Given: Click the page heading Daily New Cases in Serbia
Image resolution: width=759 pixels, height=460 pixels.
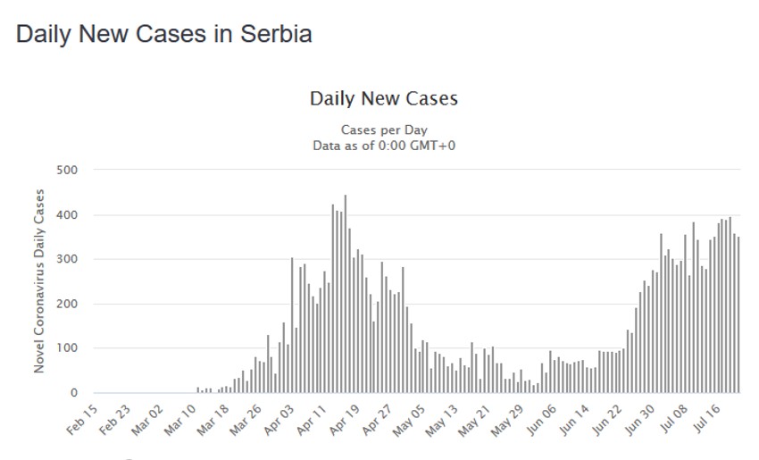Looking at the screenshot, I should pos(164,35).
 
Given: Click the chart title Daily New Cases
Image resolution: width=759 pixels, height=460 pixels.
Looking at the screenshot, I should pos(384,98).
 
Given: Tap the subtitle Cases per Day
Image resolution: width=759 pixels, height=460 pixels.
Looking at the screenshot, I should pos(383,130).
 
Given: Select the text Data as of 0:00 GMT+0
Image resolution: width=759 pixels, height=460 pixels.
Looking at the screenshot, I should pos(384,145).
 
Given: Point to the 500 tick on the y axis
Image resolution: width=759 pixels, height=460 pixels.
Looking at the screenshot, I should pos(67,170).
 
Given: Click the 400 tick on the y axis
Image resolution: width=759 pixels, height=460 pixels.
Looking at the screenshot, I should pos(67,214).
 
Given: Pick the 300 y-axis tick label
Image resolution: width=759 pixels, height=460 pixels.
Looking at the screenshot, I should pos(67,259).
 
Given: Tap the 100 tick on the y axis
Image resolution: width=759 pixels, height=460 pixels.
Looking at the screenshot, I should pos(67,348).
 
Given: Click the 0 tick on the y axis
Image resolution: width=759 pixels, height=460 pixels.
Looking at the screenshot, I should pos(73,393).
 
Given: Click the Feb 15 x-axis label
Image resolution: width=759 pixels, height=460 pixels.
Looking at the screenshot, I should pos(82,418).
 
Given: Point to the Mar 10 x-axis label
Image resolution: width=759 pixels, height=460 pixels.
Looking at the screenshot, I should pos(180,418).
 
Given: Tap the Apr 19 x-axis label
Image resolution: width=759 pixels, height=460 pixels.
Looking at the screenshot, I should pos(344,418).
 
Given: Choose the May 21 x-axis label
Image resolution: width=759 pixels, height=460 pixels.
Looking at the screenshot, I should pos(473,418).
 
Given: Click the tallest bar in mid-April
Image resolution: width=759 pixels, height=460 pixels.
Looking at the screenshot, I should pos(346,295).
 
